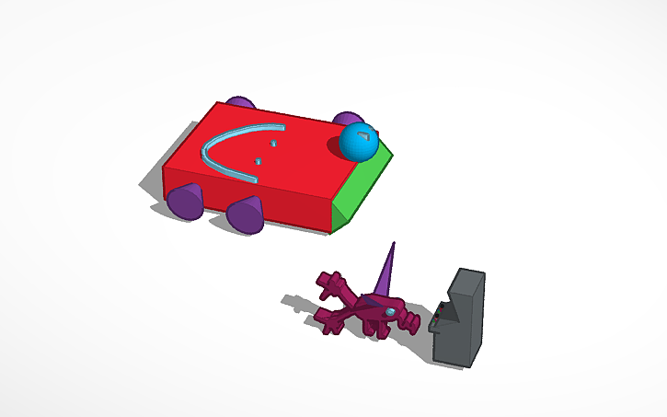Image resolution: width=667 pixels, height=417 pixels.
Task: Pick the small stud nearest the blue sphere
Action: coord(272,145)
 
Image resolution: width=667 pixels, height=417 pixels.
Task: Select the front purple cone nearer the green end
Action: coord(246,214)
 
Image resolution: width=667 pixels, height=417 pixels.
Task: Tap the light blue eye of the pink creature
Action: coord(392,314)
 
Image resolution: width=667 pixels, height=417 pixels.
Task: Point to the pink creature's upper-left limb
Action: coord(329,282)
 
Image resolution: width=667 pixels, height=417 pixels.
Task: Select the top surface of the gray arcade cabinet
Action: coord(469,274)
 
